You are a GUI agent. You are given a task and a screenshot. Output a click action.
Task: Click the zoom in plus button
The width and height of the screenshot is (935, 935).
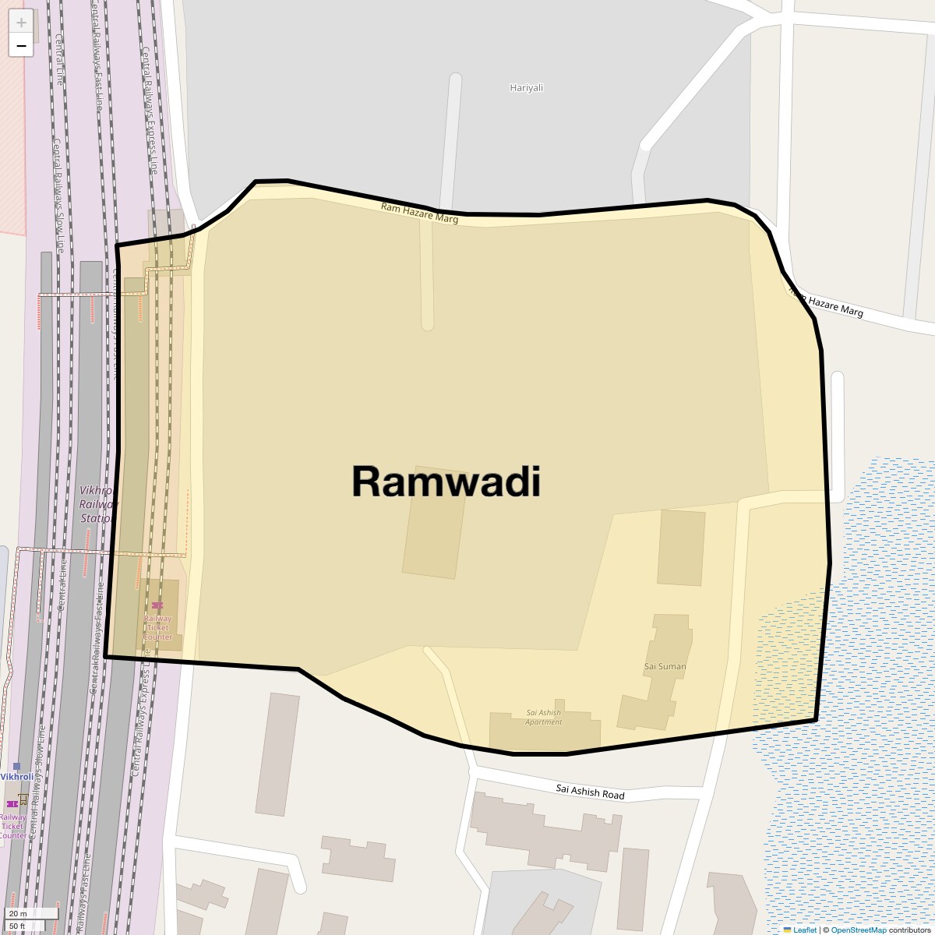coord(21,23)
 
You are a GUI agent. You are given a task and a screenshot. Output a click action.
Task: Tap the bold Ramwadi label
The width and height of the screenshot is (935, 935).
coord(446,481)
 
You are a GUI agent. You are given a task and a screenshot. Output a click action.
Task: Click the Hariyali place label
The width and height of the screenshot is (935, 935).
coord(526,87)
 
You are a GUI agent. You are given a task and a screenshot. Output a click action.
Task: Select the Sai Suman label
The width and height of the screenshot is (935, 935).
coord(665,666)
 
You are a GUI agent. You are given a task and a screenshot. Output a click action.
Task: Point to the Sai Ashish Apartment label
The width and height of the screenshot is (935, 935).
coord(543,717)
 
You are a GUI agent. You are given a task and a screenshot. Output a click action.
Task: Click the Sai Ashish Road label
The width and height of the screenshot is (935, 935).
coord(590,792)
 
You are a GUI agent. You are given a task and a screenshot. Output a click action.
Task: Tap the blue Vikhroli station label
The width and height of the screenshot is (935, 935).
coord(17,777)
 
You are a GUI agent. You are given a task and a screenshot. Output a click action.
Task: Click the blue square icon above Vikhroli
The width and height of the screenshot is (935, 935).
coord(16,767)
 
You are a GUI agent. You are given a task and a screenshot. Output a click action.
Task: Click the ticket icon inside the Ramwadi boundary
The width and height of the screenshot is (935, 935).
coord(157,605)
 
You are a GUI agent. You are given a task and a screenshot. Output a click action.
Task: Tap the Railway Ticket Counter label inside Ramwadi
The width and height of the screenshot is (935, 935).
coord(157,627)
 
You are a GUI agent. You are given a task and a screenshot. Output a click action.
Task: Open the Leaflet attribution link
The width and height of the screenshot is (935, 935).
coord(805,930)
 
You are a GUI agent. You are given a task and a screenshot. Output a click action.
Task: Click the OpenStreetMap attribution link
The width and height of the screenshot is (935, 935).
coord(858,930)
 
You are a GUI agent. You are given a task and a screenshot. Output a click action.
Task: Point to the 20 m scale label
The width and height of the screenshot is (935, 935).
coord(18,913)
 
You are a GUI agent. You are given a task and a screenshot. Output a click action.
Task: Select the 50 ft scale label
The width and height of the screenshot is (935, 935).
coord(17,926)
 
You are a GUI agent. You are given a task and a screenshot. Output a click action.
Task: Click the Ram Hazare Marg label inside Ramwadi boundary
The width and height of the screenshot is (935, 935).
coord(419,213)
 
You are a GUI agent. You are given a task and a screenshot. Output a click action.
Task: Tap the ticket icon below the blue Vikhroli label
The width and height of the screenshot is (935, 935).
coord(12,803)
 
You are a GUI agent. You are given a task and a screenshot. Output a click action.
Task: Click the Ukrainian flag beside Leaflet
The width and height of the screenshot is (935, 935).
coord(788,930)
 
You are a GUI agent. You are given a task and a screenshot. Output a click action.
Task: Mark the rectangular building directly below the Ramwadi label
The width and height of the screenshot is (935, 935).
coord(434,534)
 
